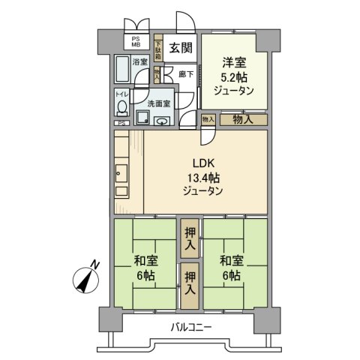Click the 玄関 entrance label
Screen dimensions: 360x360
point(178,47)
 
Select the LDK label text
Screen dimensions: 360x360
point(202,163)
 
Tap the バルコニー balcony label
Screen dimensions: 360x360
point(190,327)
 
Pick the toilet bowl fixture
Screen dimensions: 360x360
point(121,109)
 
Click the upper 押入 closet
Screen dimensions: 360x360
point(190,238)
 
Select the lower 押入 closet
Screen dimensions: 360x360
point(190,285)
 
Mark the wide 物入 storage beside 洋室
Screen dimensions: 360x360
point(241,118)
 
